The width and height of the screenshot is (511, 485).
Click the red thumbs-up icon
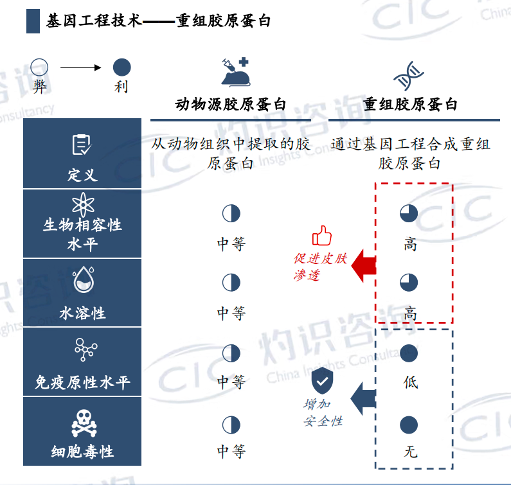pyautogui.click(x=321, y=235)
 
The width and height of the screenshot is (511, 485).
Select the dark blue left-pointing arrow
pyautogui.click(x=363, y=399)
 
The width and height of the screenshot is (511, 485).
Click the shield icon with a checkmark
pyautogui.click(x=322, y=380)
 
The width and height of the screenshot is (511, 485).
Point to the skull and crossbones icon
pyautogui.click(x=84, y=423)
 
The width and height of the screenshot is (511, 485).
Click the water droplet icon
pyautogui.click(x=84, y=279)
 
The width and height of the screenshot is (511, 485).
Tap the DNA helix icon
pyautogui.click(x=408, y=76)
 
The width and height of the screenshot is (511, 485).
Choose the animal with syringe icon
pyautogui.click(x=235, y=72)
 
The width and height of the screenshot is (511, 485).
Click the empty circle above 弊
pyautogui.click(x=39, y=67)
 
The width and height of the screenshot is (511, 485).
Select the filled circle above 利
pyautogui.click(x=122, y=67)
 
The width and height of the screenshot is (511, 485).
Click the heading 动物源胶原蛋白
pyautogui.click(x=231, y=104)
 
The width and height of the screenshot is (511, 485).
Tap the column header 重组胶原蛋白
pyautogui.click(x=410, y=104)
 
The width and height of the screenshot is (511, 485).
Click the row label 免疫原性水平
pyautogui.click(x=82, y=382)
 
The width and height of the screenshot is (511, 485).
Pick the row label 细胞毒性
pyautogui.click(x=82, y=452)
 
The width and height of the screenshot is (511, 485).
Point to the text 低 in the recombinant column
pyautogui.click(x=410, y=382)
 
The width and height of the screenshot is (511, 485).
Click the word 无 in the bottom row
pyautogui.click(x=410, y=452)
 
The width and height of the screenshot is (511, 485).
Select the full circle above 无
pyautogui.click(x=409, y=425)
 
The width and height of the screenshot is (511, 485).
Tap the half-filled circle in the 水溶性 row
pyautogui.click(x=231, y=283)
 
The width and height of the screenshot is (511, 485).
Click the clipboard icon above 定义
pyautogui.click(x=82, y=145)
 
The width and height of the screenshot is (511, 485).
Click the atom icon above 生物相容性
pyautogui.click(x=83, y=204)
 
